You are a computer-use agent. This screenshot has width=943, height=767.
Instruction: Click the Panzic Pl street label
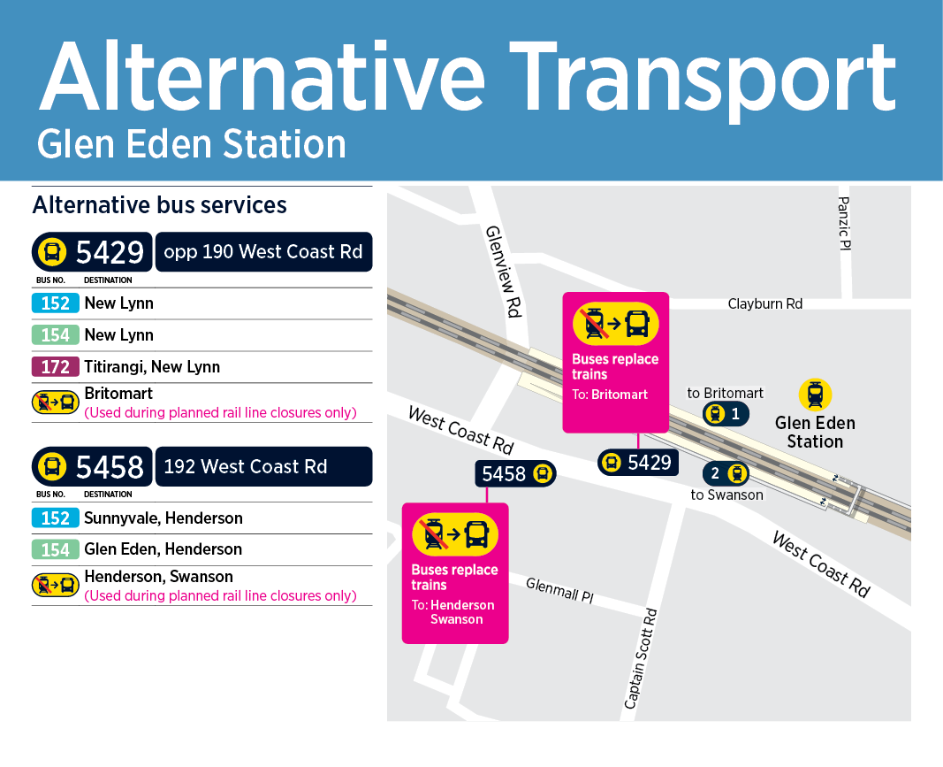click(844, 223)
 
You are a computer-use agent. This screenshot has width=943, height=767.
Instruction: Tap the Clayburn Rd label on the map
click(765, 303)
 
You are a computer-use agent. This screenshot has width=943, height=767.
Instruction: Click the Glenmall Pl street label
click(559, 590)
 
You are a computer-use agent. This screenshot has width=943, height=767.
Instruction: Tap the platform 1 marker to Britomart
click(726, 413)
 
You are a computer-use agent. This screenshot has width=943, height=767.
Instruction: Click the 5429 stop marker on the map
click(638, 462)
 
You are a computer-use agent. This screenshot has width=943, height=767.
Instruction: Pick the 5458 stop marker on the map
click(517, 474)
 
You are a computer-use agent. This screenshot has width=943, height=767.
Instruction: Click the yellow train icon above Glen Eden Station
click(815, 395)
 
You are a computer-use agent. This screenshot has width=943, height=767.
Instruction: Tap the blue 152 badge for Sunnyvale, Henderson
click(55, 518)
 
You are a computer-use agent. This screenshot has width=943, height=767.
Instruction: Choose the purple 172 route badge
click(55, 366)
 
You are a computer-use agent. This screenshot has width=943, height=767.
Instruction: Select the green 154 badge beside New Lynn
click(55, 334)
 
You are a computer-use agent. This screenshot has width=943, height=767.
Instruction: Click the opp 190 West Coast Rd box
click(263, 252)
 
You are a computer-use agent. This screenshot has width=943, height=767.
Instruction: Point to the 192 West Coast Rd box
click(263, 466)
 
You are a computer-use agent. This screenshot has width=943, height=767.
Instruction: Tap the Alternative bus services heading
click(160, 205)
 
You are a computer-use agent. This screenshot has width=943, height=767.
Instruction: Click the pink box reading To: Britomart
click(616, 363)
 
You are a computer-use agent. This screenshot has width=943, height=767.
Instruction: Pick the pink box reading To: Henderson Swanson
click(455, 572)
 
